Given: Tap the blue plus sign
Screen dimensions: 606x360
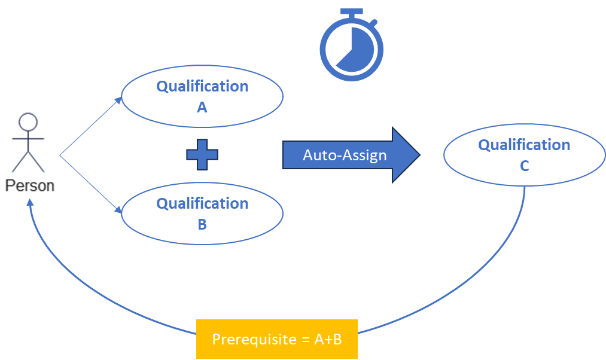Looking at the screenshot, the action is [202, 154].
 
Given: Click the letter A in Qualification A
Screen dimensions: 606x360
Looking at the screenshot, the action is [202, 108].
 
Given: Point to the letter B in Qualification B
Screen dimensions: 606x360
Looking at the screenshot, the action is [202, 224].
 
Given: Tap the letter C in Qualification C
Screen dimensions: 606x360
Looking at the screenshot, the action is [525, 166].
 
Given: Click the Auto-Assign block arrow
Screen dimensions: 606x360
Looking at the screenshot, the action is [351, 154].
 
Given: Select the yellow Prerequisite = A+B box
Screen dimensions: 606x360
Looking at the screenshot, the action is [277, 338].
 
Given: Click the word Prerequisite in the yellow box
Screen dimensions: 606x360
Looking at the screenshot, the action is [254, 339].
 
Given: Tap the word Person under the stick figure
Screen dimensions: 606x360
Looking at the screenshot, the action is [30, 186].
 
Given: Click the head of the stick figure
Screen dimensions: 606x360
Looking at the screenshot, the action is [28, 122].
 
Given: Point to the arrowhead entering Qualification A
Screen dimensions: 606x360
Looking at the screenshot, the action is [118, 100].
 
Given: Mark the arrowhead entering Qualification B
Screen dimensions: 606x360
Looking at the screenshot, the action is [118, 210].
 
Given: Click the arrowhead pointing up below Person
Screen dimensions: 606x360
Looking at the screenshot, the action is [30, 202].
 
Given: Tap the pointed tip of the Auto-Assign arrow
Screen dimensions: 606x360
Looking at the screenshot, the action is [420, 154].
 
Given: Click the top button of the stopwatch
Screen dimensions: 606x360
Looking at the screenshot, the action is [352, 12].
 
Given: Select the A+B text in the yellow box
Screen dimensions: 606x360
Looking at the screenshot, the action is [328, 339].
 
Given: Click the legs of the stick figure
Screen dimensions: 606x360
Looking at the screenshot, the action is [28, 162].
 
